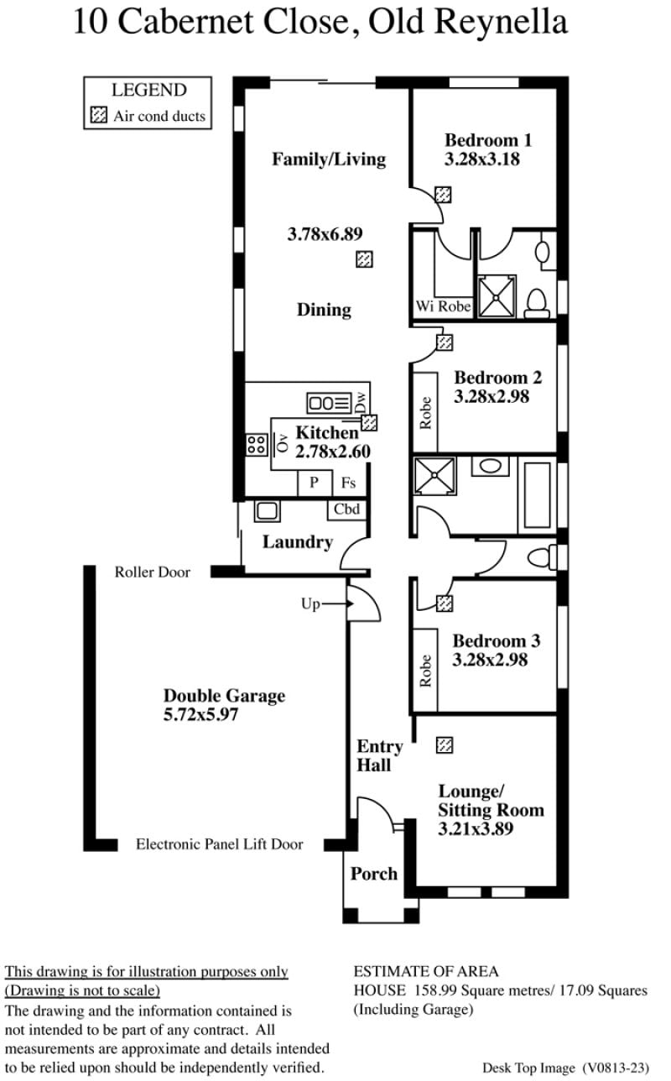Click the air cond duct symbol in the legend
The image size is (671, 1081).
click(x=99, y=115)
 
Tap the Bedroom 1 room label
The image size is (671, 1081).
click(x=488, y=140)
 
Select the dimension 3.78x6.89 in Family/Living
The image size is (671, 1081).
click(x=325, y=234)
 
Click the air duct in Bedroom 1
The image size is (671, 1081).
click(x=444, y=195)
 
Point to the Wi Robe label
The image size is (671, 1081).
click(x=444, y=306)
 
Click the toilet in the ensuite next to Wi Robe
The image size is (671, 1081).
click(x=537, y=303)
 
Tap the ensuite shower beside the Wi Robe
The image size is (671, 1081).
click(x=497, y=297)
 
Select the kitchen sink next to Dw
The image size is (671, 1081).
click(x=329, y=403)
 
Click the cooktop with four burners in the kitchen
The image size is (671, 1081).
click(x=257, y=445)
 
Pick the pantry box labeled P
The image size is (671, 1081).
click(x=315, y=483)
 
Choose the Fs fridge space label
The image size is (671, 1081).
click(x=348, y=483)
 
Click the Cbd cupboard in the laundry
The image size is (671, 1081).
click(x=347, y=509)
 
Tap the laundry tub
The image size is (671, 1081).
click(x=267, y=510)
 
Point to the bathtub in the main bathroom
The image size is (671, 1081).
click(x=538, y=495)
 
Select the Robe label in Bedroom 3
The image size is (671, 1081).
click(x=425, y=671)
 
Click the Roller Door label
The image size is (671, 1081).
click(x=153, y=572)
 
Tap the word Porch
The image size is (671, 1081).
click(x=374, y=874)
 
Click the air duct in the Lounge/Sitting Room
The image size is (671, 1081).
click(x=445, y=745)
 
